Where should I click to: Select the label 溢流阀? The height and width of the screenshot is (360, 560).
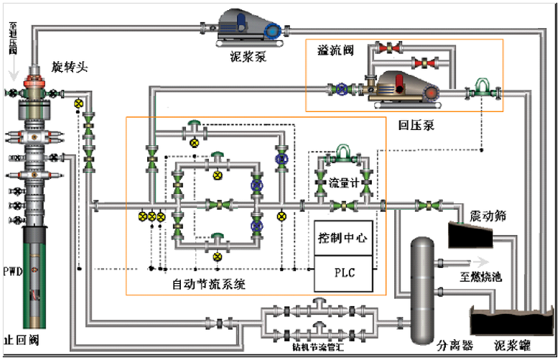pyautogui.click(x=334, y=50)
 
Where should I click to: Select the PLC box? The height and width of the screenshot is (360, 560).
pyautogui.click(x=342, y=273)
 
